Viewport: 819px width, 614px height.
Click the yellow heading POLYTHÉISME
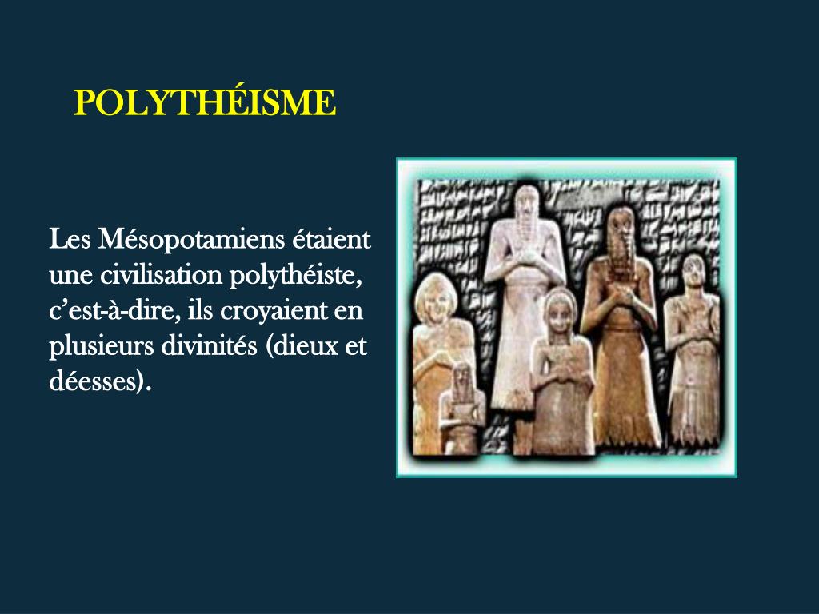[x=205, y=104]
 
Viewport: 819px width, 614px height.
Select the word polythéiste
[x=297, y=275]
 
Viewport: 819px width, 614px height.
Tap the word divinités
[x=203, y=347]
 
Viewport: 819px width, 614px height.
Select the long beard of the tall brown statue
[x=620, y=256]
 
